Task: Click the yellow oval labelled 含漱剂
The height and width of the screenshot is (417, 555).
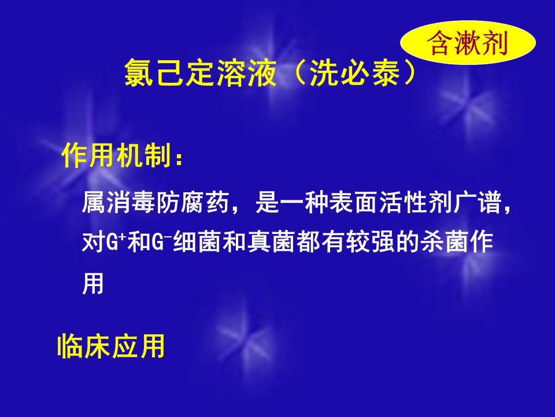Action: pyautogui.click(x=468, y=42)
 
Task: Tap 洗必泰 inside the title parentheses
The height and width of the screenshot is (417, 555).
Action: pyautogui.click(x=354, y=73)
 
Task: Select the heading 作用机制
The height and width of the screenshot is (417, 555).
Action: pyautogui.click(x=117, y=155)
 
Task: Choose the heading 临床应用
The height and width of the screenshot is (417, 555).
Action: pyautogui.click(x=111, y=345)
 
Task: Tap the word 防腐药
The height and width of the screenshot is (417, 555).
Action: pyautogui.click(x=193, y=202)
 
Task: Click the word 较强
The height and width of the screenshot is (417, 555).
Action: pyautogui.click(x=371, y=242)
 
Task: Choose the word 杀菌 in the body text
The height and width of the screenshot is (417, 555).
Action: pyautogui.click(x=445, y=242)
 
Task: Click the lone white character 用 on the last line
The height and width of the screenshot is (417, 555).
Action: pyautogui.click(x=93, y=283)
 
